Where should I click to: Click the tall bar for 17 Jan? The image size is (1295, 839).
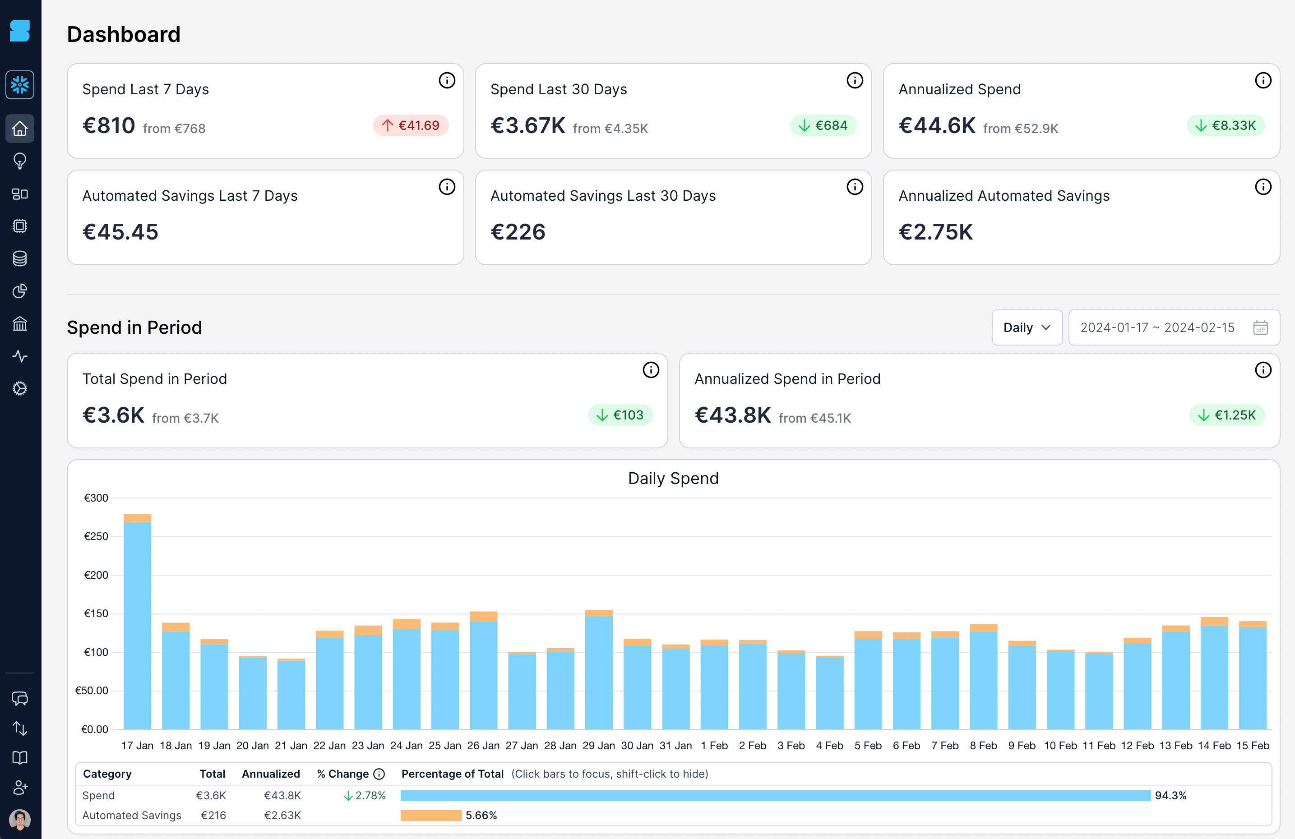tap(137, 626)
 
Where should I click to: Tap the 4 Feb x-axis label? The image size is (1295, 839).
tap(829, 746)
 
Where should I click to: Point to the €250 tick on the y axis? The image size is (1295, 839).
tap(96, 536)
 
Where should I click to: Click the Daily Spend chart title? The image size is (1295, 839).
tap(673, 478)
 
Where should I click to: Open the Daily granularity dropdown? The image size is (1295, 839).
tap(1026, 327)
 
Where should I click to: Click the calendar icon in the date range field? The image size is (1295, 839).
tap(1260, 327)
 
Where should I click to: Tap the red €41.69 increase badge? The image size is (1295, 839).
tap(411, 126)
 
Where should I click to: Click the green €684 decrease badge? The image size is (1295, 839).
tap(823, 126)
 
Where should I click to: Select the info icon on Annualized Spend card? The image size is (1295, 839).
tap(1263, 81)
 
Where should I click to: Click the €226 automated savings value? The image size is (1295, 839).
tap(518, 232)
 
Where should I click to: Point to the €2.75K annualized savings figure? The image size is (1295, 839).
tap(935, 232)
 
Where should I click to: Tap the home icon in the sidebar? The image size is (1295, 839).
tap(19, 129)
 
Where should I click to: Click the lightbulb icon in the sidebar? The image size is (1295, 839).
tap(19, 161)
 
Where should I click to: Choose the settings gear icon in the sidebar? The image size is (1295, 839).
tap(19, 388)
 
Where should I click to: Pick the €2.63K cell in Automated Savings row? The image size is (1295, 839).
tap(282, 815)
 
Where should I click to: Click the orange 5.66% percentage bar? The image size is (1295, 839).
tap(431, 815)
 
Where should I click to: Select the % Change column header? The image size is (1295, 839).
tap(343, 774)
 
